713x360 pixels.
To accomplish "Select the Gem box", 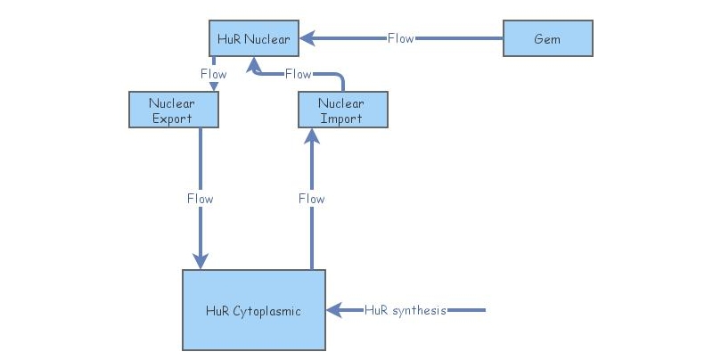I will pyautogui.click(x=547, y=39).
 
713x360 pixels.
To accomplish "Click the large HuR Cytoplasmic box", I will pyautogui.click(x=254, y=310).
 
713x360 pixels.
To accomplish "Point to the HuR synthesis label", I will pyautogui.click(x=406, y=310).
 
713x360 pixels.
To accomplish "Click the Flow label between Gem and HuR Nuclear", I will pyautogui.click(x=400, y=39).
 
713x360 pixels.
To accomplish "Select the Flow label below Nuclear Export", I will pyautogui.click(x=200, y=199).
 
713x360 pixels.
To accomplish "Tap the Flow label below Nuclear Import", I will pyautogui.click(x=311, y=199).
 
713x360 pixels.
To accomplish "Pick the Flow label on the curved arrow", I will pyautogui.click(x=298, y=74).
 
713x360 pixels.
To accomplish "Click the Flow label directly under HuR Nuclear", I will pyautogui.click(x=213, y=74).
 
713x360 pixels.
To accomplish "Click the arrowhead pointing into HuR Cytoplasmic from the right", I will pyautogui.click(x=332, y=310).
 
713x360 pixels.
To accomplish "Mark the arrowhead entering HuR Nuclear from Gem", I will pyautogui.click(x=306, y=39).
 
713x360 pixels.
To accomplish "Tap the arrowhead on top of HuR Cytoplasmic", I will pyautogui.click(x=200, y=261).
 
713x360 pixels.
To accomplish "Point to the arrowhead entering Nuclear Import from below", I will pyautogui.click(x=311, y=135).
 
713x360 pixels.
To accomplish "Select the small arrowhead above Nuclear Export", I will pyautogui.click(x=213, y=87).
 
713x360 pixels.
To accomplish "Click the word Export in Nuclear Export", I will pyautogui.click(x=173, y=118).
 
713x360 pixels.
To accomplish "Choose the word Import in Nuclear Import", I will pyautogui.click(x=342, y=118).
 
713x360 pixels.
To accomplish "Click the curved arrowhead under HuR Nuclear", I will pyautogui.click(x=254, y=64).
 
